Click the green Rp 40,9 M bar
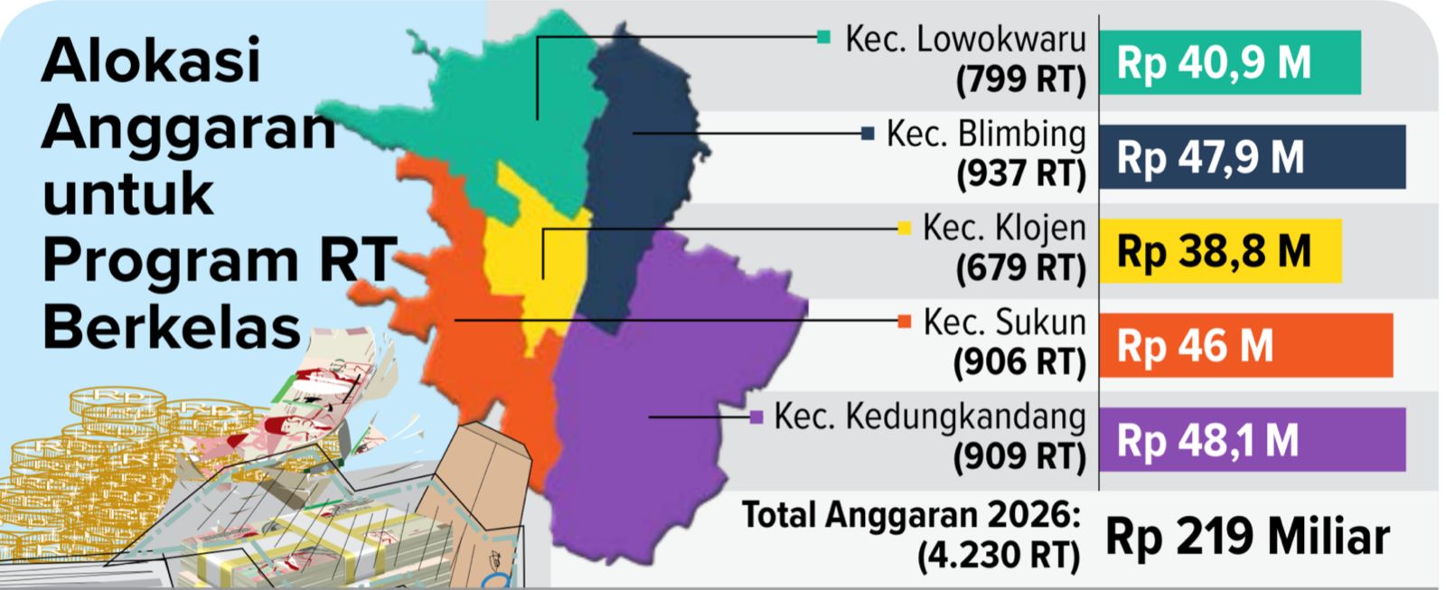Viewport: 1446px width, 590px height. [1229, 62]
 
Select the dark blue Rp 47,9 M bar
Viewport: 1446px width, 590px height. [1252, 157]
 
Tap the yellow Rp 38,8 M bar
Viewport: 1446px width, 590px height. [1220, 251]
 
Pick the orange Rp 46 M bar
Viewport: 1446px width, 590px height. [1245, 346]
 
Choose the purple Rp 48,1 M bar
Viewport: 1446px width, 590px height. [1252, 440]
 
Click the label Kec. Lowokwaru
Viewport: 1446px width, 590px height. [965, 40]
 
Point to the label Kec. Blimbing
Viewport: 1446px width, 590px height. [986, 134]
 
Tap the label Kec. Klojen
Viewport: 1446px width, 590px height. [1004, 229]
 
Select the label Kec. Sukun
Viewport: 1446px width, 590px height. [1004, 323]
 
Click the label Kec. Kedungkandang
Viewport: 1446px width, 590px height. [930, 417]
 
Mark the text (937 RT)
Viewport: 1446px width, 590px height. [1021, 173]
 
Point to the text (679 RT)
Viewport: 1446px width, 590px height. [1021, 267]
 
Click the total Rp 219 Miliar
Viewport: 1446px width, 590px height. [1247, 537]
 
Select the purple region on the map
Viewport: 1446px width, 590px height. [660, 407]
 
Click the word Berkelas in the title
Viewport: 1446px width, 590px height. [172, 327]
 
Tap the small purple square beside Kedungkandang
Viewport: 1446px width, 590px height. [757, 417]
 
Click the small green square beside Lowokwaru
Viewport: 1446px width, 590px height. [823, 37]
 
